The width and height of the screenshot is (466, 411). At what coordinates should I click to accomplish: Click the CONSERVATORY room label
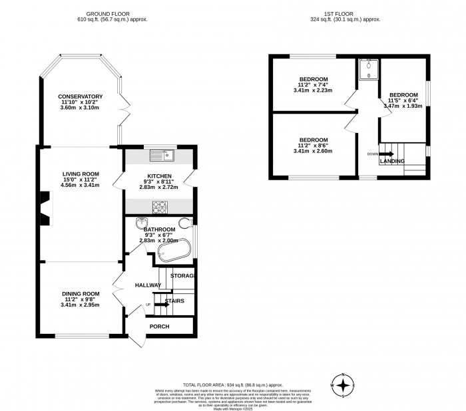(x=80, y=96)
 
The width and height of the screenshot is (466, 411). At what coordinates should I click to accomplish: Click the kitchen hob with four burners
(x=160, y=205)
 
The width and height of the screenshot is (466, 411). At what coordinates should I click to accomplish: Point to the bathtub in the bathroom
(x=174, y=249)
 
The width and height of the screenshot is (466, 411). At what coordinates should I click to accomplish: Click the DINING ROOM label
(x=81, y=293)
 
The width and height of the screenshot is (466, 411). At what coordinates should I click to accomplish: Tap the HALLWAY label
(x=148, y=285)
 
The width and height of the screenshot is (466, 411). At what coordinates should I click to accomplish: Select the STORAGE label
(x=182, y=275)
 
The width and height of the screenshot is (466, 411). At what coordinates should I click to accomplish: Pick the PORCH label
(x=159, y=326)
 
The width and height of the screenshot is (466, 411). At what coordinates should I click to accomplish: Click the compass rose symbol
(x=343, y=385)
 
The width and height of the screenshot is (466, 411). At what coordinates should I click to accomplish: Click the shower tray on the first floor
(x=367, y=69)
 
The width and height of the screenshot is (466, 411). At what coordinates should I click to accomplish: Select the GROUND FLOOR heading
(x=111, y=13)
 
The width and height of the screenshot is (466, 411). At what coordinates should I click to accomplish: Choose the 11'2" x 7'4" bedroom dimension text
(x=313, y=86)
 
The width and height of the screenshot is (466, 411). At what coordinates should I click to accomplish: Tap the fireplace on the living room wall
(x=44, y=206)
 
